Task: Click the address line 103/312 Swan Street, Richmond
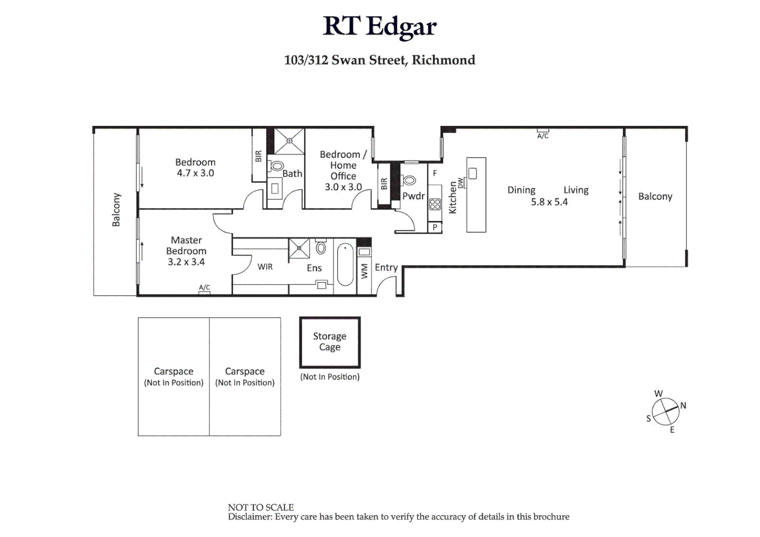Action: click(x=380, y=60)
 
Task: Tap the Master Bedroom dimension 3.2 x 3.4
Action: click(x=186, y=262)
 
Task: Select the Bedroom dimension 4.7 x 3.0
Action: click(x=195, y=173)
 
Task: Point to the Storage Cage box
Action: click(x=330, y=342)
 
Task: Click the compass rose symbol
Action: click(x=665, y=412)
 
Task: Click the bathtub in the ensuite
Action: click(x=345, y=264)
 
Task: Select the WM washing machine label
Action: click(x=365, y=271)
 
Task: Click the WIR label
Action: click(x=265, y=267)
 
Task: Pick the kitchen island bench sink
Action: click(x=473, y=174)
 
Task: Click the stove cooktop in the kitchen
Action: click(x=435, y=204)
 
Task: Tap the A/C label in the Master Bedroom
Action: click(x=204, y=287)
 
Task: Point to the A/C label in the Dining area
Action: click(x=543, y=136)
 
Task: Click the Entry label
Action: click(x=386, y=268)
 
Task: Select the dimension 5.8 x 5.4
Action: click(x=549, y=202)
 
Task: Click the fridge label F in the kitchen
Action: click(x=435, y=174)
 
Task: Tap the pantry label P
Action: click(x=435, y=227)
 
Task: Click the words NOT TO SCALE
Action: click(x=261, y=507)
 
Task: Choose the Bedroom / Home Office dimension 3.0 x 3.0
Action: click(x=343, y=187)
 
